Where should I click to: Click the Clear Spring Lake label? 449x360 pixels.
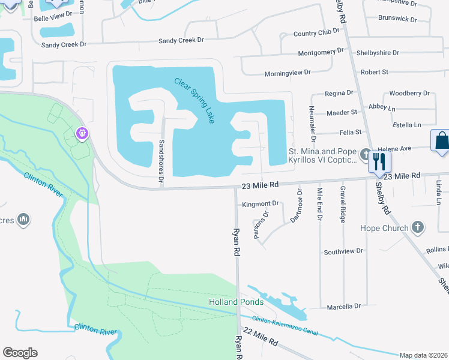[194, 100]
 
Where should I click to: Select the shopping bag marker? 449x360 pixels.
[441, 142]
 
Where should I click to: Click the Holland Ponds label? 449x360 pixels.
[236, 302]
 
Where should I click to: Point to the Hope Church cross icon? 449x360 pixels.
[418, 228]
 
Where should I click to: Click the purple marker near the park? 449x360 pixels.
[82, 133]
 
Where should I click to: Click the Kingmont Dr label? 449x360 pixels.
[261, 205]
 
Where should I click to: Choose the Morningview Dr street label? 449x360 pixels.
[288, 73]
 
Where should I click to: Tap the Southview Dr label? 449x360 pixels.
[343, 251]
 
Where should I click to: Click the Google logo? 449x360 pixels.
[20, 353]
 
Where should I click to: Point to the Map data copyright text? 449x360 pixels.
[423, 355]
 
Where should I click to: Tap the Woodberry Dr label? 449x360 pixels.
[409, 94]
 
